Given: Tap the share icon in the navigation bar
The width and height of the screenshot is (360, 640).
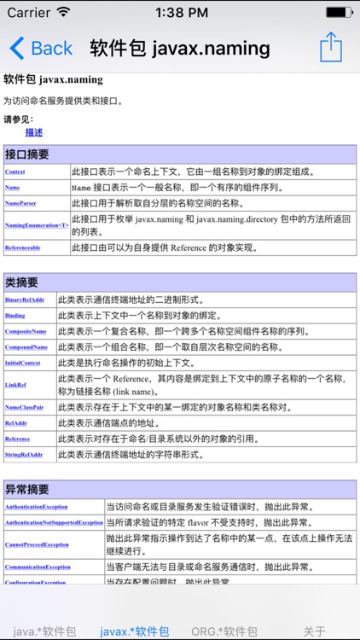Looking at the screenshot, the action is (x=331, y=47).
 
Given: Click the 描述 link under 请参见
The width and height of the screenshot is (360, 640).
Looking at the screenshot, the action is (x=34, y=132).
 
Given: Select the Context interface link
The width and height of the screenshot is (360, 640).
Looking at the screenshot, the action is (x=15, y=172).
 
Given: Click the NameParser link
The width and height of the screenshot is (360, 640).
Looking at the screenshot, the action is (x=20, y=203).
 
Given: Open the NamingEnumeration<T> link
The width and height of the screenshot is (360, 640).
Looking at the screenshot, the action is (x=37, y=225).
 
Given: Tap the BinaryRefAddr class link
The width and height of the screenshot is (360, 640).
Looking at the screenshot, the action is (x=25, y=300).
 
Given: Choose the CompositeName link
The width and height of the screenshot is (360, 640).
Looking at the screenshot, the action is (x=26, y=331).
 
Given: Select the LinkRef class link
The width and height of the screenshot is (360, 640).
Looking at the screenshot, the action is (x=15, y=385).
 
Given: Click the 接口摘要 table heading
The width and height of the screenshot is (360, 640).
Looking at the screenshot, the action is (x=27, y=154).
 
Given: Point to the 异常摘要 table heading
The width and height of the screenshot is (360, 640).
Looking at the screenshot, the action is (x=27, y=490).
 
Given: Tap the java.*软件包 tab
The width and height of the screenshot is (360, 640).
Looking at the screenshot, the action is (x=44, y=631).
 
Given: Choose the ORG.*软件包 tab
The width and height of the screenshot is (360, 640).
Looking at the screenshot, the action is (x=224, y=631).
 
